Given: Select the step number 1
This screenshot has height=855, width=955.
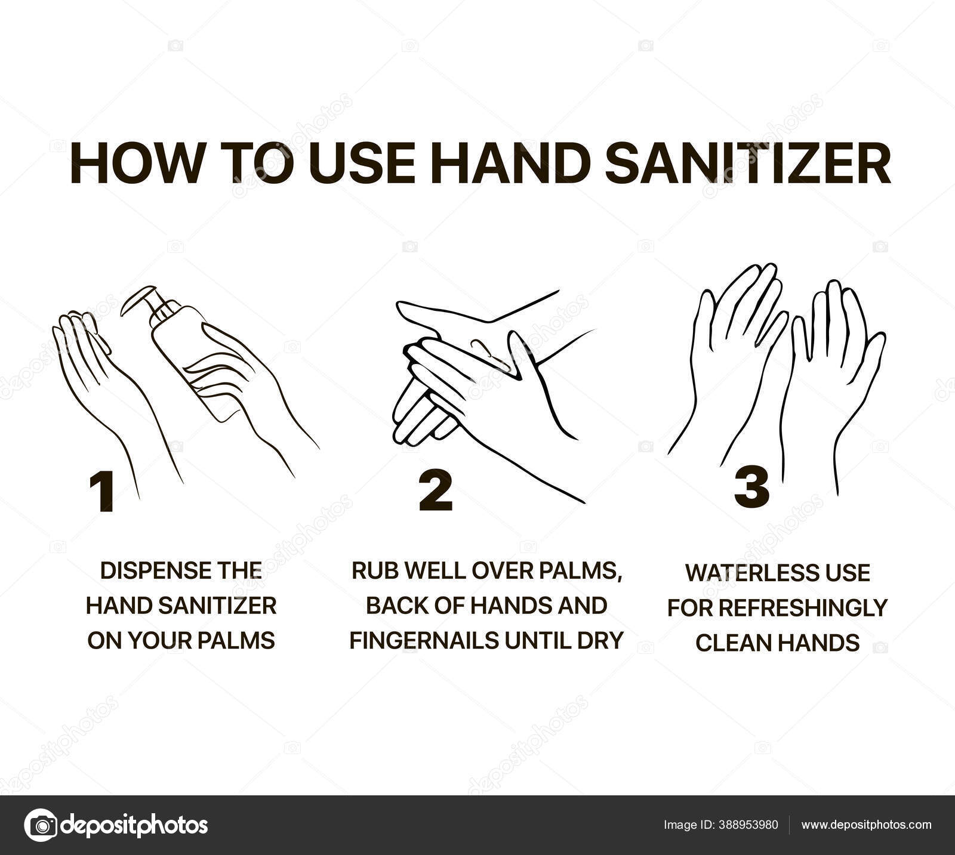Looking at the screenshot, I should click(x=102, y=492).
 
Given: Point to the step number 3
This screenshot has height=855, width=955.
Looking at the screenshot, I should click(x=751, y=487).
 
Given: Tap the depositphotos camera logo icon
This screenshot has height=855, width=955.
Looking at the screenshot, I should click(x=41, y=825).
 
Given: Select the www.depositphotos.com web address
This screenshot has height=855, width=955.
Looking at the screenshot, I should click(x=865, y=825).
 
